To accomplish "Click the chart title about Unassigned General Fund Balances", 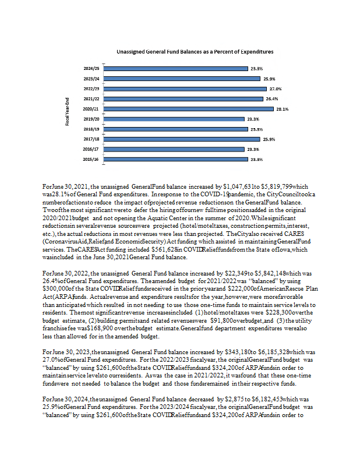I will [x=179, y=52].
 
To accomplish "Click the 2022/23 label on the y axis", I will [x=92, y=89].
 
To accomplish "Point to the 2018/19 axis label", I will [x=92, y=129].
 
